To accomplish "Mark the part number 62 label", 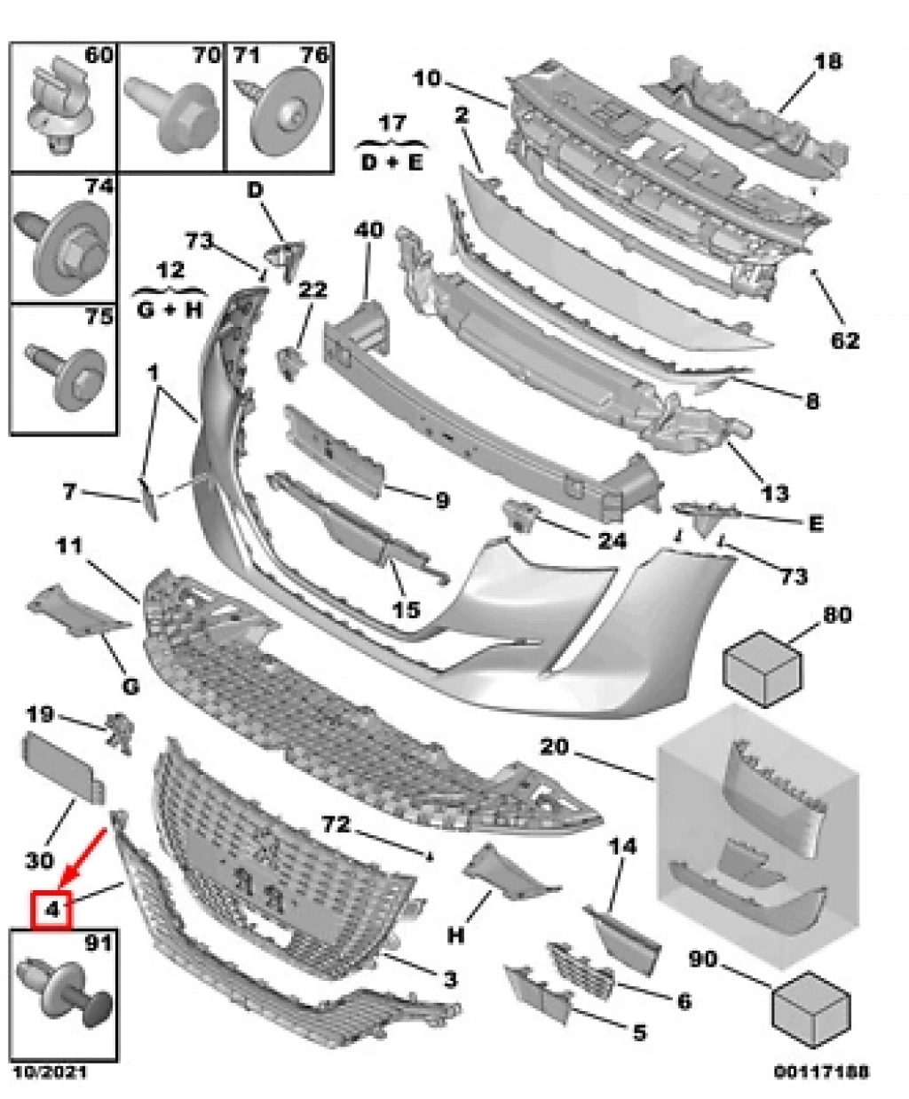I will (x=844, y=340).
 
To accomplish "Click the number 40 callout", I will (x=368, y=231).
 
